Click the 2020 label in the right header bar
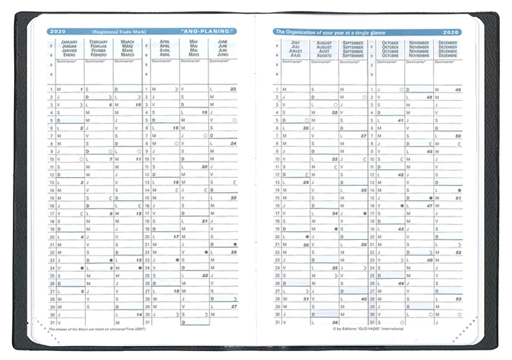(x=451, y=31)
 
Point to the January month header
(x=69, y=49)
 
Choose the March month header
(x=127, y=49)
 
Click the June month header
(x=222, y=49)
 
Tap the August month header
(x=324, y=49)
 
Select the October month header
(x=390, y=49)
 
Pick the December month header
(x=448, y=49)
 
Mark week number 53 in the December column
(x=458, y=299)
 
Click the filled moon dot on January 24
(x=82, y=268)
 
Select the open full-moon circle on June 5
(x=235, y=120)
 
